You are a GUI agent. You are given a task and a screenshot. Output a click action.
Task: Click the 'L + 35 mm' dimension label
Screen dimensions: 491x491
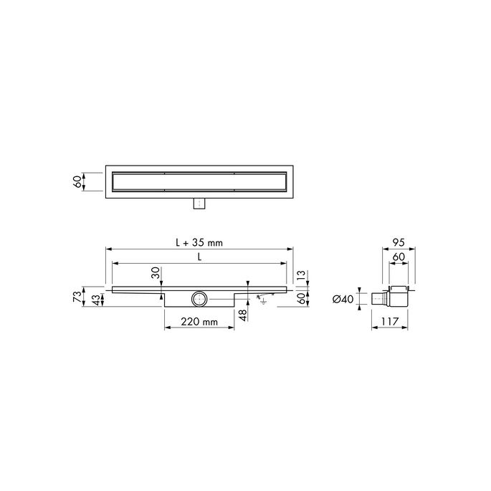(x=199, y=242)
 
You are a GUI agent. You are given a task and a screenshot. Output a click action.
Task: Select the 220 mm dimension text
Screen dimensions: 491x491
(x=199, y=322)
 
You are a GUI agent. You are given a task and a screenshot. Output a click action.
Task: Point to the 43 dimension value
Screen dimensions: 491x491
(x=97, y=300)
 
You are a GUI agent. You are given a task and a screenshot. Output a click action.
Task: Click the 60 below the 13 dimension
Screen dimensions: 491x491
(x=302, y=300)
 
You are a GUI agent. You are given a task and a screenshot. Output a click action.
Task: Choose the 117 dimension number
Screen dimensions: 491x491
(x=390, y=322)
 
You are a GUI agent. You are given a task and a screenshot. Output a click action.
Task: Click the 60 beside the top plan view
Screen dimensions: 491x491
(x=77, y=181)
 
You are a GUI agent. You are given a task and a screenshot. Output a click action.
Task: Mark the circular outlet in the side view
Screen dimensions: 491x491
(x=198, y=298)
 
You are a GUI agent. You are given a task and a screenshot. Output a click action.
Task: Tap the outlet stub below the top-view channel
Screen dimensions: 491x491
(x=199, y=204)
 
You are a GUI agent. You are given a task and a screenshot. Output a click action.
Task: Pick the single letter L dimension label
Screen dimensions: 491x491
(x=199, y=256)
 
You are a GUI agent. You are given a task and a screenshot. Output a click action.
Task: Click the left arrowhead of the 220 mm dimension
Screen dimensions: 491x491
(x=168, y=329)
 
